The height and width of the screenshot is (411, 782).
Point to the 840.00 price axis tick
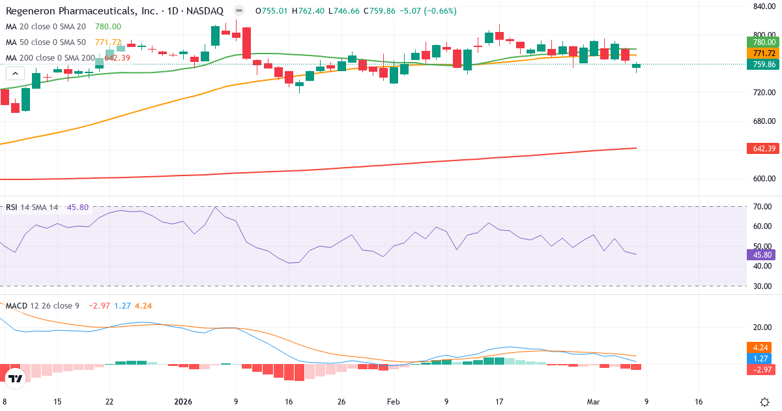763,7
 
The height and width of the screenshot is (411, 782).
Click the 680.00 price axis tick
763,121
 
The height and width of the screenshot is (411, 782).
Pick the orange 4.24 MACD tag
760,348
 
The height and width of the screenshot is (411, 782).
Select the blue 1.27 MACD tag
760,358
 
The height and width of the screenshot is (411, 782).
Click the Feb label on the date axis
393,402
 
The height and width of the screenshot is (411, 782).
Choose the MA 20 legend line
46,26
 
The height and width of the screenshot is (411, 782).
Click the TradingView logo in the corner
16,378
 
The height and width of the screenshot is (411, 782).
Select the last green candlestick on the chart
636,67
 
